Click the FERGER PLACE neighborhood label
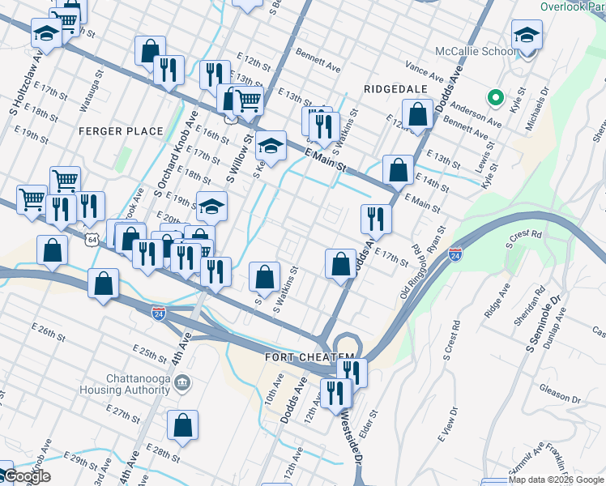[122, 131]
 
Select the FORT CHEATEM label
[309, 357]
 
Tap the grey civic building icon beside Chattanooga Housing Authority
[182, 382]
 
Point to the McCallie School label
[480, 52]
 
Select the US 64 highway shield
[93, 240]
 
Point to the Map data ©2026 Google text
[556, 480]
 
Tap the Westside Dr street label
[350, 441]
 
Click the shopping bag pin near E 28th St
[183, 424]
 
